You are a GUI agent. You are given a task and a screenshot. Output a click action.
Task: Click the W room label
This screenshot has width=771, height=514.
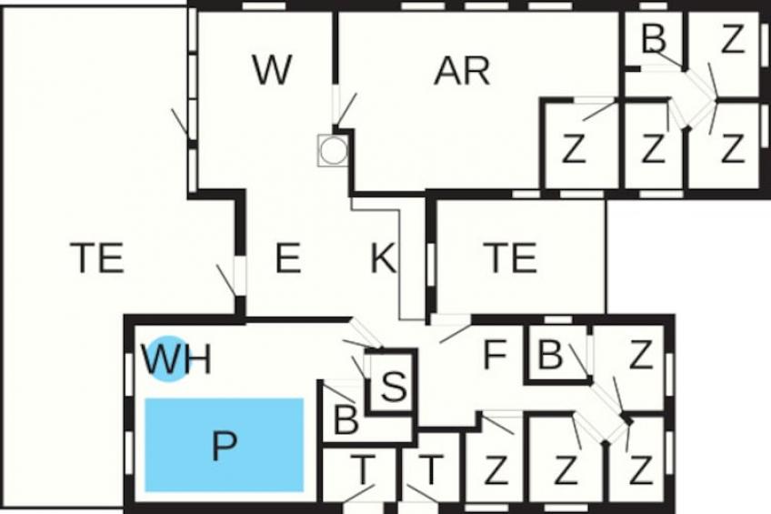273,70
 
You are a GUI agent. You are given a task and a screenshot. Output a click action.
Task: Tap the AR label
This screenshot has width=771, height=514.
462,71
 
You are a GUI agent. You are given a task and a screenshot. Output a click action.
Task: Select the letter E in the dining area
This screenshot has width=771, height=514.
287,257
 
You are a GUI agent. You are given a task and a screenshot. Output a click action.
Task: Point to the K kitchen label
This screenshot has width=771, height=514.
383,257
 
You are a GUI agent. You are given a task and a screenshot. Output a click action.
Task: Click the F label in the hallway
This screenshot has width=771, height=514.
495,355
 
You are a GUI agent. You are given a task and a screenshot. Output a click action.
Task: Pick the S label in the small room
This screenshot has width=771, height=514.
394,386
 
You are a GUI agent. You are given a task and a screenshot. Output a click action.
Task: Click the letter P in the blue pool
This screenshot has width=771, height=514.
225,445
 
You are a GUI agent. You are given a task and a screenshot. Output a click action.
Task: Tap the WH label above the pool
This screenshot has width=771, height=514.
177,359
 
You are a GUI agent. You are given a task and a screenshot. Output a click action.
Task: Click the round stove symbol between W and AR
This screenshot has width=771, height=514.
333,149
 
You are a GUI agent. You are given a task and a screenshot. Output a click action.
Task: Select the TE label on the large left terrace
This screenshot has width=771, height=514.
97,257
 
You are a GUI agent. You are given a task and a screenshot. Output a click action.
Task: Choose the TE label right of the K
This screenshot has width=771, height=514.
510,257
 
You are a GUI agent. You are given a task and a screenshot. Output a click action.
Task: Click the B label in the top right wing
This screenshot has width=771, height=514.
654,38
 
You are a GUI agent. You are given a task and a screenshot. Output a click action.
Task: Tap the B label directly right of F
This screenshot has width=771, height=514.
550,355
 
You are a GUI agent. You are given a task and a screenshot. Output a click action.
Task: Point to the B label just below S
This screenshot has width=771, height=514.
345,421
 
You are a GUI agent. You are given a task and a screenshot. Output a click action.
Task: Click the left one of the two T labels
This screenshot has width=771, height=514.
363,469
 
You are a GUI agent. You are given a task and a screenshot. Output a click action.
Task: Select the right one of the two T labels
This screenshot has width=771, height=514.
431,469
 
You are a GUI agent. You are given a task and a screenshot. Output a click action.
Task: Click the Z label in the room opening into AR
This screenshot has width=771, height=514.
574,149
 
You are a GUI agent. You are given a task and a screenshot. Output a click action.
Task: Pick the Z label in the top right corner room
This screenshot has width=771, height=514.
732,39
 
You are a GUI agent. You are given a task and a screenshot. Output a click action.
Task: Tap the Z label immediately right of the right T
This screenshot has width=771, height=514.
496,470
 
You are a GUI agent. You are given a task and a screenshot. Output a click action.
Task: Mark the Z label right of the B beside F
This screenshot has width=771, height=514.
641,355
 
